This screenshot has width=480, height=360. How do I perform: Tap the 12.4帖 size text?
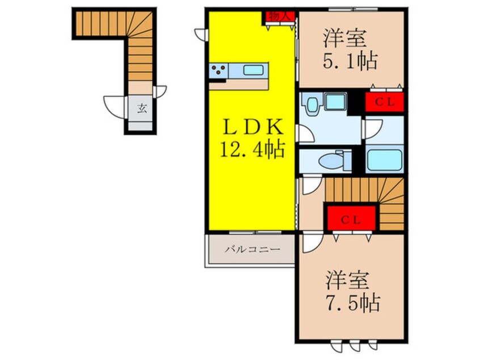point(252,150)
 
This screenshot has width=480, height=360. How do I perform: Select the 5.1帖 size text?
point(351,61)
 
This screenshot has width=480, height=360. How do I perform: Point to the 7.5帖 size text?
point(352,302)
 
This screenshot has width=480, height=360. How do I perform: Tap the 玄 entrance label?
point(141,108)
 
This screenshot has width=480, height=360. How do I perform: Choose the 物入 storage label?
point(278,16)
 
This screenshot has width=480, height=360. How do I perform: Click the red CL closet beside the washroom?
point(384,102)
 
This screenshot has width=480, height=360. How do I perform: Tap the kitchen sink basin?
point(252,71)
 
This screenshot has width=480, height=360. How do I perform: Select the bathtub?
point(384,159)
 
